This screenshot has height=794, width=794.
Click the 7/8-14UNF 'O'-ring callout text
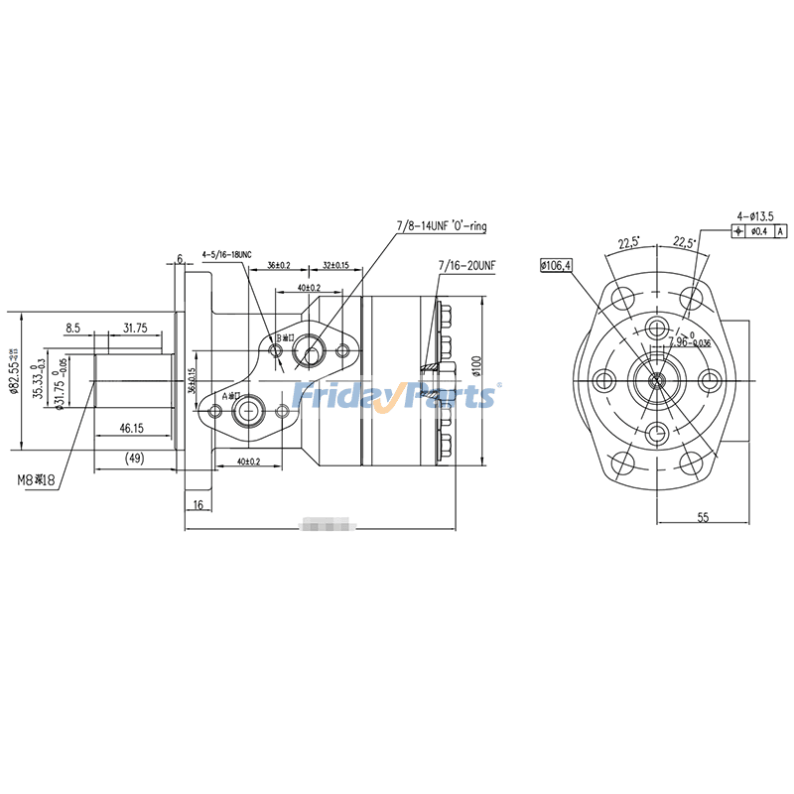[442, 226]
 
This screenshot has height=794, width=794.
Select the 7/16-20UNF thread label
[466, 266]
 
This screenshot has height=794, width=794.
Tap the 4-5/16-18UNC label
[227, 255]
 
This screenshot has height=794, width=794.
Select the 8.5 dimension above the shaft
[73, 328]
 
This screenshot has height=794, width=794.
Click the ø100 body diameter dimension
[476, 366]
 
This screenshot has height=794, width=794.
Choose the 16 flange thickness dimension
[198, 505]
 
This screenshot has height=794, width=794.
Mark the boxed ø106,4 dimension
[556, 266]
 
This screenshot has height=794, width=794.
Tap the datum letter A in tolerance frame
[780, 232]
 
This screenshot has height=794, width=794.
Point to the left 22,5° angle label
[627, 242]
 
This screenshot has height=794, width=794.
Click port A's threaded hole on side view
[244, 410]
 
